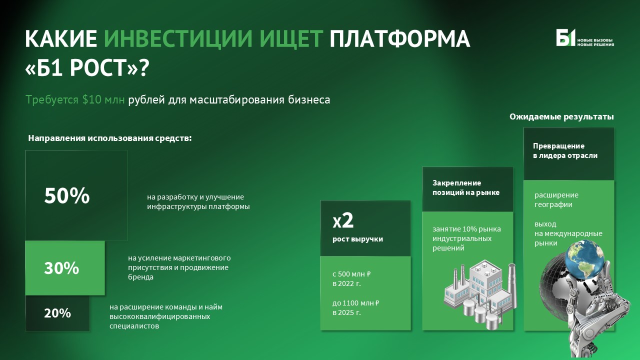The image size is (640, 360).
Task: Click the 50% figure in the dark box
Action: [x=67, y=196]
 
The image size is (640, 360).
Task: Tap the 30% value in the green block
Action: [x=61, y=268]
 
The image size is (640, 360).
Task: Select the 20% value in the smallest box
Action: [x=57, y=313]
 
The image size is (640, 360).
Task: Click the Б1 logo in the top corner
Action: [x=566, y=38]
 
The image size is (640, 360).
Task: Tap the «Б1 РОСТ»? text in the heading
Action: [x=87, y=67]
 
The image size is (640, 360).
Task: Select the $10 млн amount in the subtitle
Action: [x=104, y=99]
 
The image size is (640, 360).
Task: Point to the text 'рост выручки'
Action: [x=357, y=239]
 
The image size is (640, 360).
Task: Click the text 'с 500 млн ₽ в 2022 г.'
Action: [x=351, y=278]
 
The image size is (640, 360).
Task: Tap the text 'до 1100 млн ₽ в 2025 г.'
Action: [x=356, y=307]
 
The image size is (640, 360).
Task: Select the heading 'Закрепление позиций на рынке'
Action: [x=465, y=187]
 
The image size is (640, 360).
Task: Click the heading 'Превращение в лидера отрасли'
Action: [x=564, y=150]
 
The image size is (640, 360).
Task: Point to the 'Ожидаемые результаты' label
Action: [x=561, y=116]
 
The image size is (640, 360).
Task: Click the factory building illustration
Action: [x=477, y=289]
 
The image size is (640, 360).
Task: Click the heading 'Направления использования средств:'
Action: [x=110, y=138]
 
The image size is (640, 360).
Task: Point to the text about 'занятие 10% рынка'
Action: [x=466, y=238]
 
